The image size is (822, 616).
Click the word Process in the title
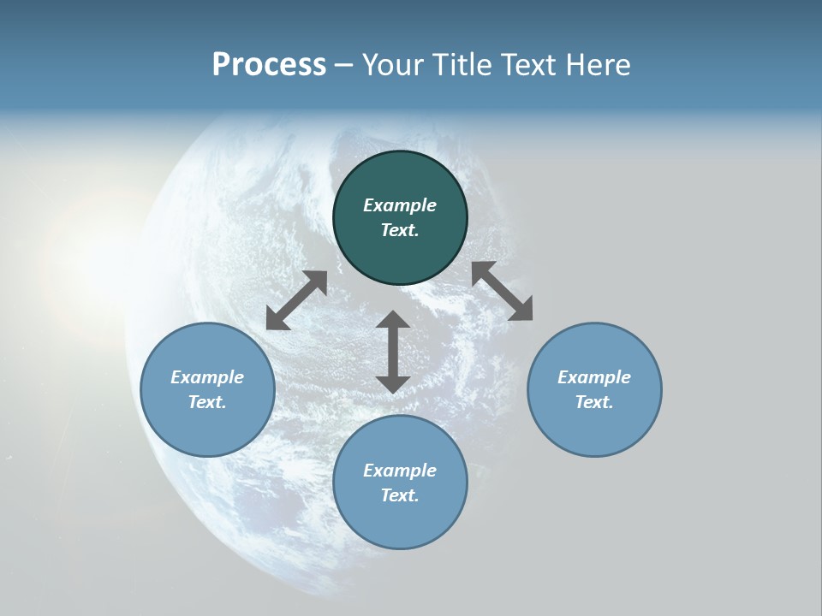click(x=269, y=65)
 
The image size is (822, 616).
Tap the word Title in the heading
click(x=463, y=65)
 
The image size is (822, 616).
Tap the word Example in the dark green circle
click(x=400, y=205)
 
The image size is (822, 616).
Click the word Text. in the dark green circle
click(x=400, y=230)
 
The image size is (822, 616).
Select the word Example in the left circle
click(x=207, y=377)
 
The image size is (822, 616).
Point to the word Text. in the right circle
click(x=594, y=402)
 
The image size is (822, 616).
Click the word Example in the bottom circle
click(x=400, y=471)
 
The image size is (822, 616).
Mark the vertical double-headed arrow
click(x=393, y=352)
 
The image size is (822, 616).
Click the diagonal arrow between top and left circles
click(x=296, y=300)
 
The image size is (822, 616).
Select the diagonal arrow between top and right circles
click(x=503, y=291)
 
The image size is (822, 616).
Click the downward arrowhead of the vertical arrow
click(x=393, y=384)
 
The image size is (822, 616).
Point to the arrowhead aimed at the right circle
click(x=521, y=310)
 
